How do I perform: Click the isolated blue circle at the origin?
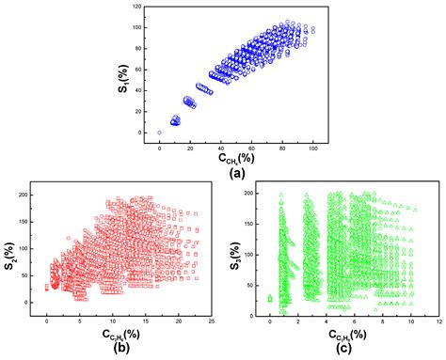click(160, 133)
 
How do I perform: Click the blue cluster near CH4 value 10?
click(175, 120)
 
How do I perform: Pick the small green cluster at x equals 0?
click(270, 298)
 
